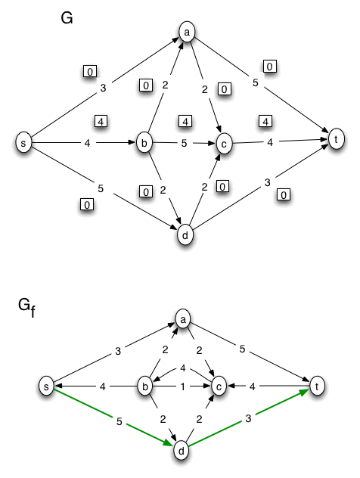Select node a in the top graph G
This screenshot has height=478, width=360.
pyautogui.click(x=186, y=32)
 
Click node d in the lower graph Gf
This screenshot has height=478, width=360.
pyautogui.click(x=182, y=451)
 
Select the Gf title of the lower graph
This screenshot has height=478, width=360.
pyautogui.click(x=26, y=306)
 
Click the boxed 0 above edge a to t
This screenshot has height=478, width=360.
pyautogui.click(x=270, y=67)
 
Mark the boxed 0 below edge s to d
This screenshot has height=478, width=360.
pyautogui.click(x=87, y=204)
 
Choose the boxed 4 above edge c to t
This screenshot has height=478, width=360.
pyautogui.click(x=264, y=120)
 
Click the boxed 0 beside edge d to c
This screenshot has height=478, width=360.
pyautogui.click(x=222, y=186)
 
